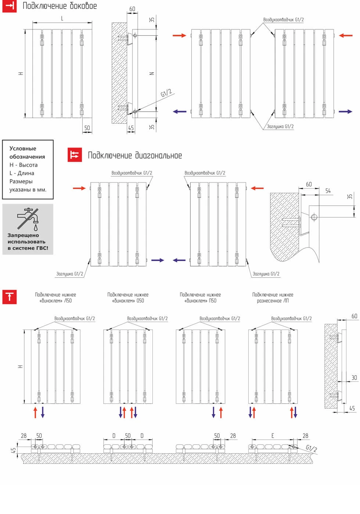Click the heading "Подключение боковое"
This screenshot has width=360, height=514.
coord(60,6)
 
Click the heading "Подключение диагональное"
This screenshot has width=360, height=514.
coord(135,156)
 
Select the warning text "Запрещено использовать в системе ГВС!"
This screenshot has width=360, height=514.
coord(28,242)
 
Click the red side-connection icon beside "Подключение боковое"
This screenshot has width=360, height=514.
coord(10,6)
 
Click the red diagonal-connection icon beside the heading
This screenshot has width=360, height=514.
coord(75,155)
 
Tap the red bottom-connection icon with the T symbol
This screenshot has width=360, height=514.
coord(10,297)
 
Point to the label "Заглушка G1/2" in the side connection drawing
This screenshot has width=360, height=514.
coord(280,127)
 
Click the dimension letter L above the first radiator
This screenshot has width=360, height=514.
coord(62,18)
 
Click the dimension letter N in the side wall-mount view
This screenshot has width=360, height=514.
coord(152,73)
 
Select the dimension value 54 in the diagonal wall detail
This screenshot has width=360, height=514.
coord(328,191)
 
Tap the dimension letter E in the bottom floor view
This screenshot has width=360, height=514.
coord(273,436)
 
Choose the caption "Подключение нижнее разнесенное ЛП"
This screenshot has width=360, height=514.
coord(273,298)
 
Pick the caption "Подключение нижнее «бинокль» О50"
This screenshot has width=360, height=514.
coord(128,298)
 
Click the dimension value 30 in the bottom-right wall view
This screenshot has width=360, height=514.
coord(354,377)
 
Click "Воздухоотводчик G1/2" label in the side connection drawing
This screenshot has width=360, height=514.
coord(283,20)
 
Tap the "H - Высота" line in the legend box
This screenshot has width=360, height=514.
coord(24,165)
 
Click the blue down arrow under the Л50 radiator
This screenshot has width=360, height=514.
coord(43,412)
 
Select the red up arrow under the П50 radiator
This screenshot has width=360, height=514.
coord(221,412)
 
